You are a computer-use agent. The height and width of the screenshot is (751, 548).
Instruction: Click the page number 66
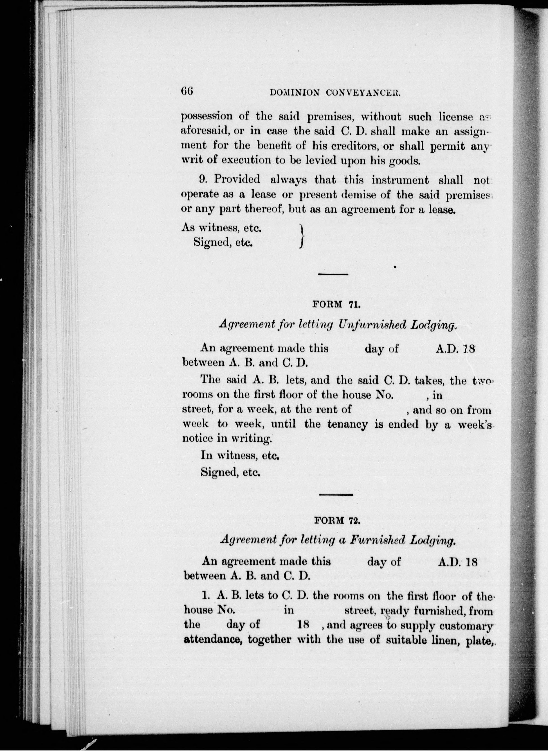click(x=187, y=91)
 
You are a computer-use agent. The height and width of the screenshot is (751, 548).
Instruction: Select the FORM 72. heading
click(x=337, y=521)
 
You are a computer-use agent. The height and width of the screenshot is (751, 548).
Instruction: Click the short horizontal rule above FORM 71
click(x=333, y=274)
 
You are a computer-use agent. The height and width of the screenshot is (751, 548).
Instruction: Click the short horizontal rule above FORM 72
click(x=335, y=495)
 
